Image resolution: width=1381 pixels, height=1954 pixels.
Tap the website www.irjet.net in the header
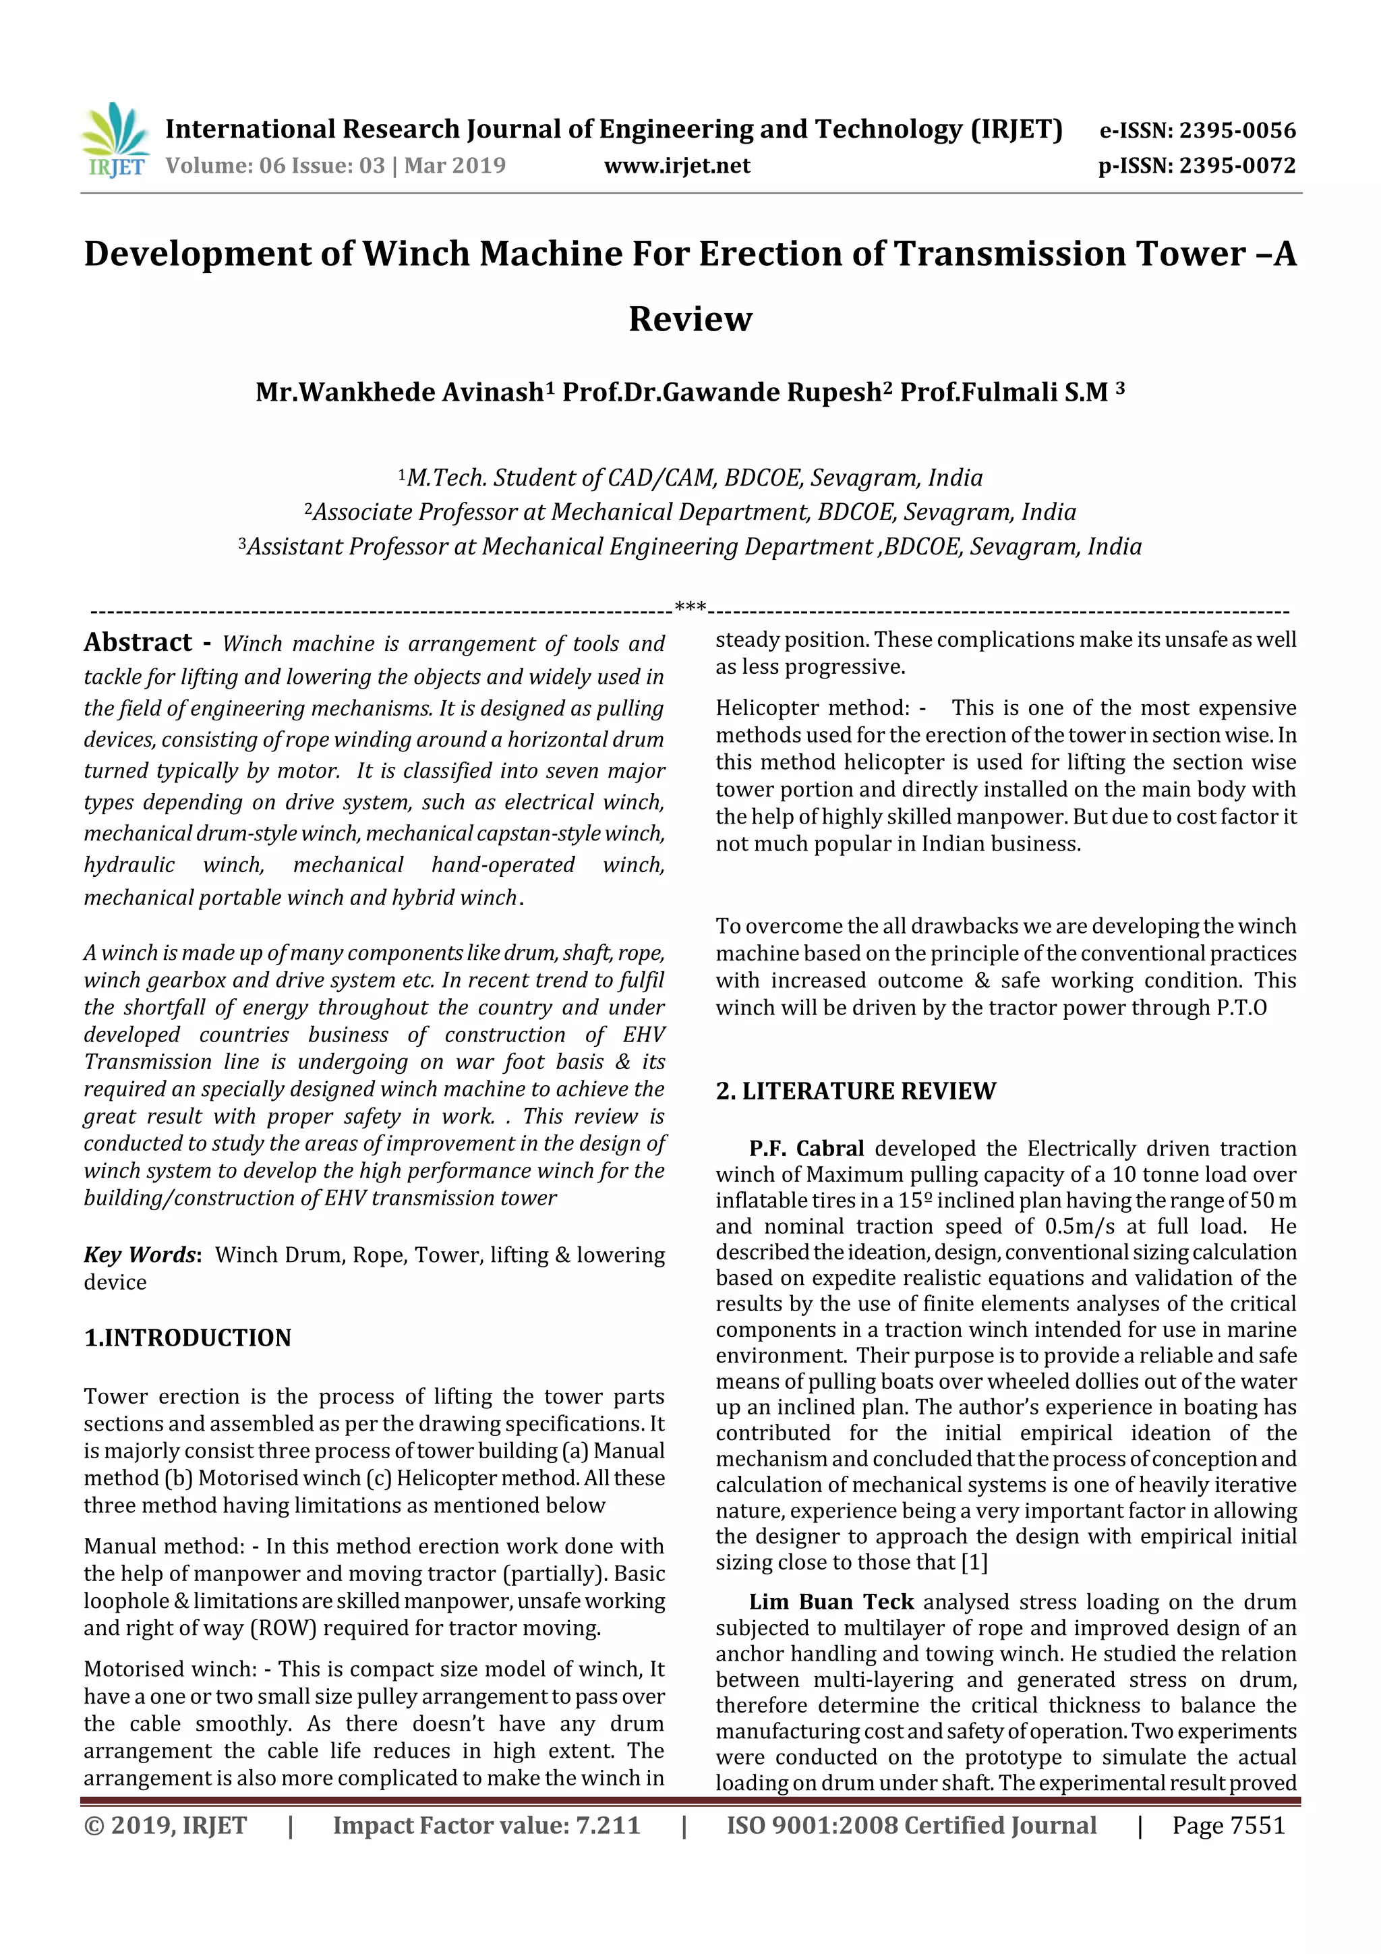(x=677, y=166)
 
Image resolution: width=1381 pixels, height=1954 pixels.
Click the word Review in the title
(x=690, y=319)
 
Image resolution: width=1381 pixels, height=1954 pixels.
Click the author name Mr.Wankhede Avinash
(x=400, y=393)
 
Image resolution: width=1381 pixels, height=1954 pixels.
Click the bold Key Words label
(x=141, y=1255)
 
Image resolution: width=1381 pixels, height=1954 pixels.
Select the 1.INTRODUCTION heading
(x=187, y=1338)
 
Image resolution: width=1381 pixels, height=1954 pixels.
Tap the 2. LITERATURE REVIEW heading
(x=855, y=1091)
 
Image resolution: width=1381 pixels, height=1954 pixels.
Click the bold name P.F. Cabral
(x=806, y=1149)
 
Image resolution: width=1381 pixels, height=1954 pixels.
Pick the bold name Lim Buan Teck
(x=831, y=1603)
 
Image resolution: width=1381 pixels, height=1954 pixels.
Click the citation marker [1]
(x=974, y=1563)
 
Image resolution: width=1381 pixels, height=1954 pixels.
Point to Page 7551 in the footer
(x=1228, y=1825)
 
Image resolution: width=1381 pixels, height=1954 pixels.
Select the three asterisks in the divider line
(x=690, y=608)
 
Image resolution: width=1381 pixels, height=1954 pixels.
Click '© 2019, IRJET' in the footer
(x=165, y=1825)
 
